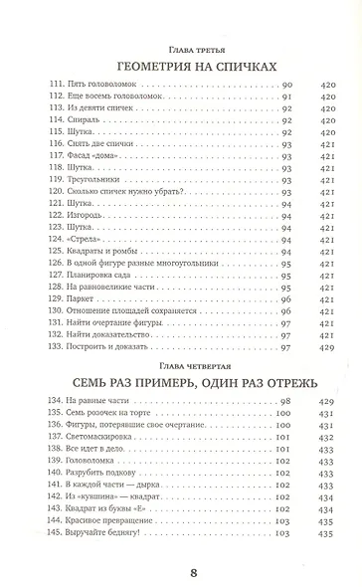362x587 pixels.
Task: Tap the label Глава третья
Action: click(x=181, y=43)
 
